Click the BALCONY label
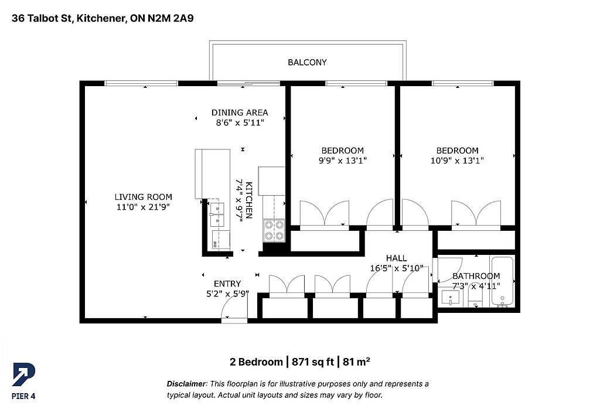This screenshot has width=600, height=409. [307, 62]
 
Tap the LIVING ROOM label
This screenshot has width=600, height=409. [144, 197]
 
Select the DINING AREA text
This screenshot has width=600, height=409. [240, 113]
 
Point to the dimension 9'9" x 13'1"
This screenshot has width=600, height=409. [343, 161]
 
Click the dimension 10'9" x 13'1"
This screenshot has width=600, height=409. [457, 161]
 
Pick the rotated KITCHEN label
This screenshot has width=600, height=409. [248, 200]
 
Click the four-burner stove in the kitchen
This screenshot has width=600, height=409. [274, 230]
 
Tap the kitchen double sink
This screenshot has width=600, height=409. [217, 215]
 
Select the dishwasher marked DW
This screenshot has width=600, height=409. [220, 240]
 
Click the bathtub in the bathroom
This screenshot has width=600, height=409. [502, 281]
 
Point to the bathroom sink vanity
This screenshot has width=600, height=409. [451, 298]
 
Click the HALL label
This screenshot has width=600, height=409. [397, 258]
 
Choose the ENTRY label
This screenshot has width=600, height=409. [227, 284]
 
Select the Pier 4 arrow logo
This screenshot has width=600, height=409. [23, 374]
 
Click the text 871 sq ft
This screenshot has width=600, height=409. [313, 362]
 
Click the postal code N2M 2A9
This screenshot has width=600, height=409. [171, 18]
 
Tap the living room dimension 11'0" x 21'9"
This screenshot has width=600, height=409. [144, 207]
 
